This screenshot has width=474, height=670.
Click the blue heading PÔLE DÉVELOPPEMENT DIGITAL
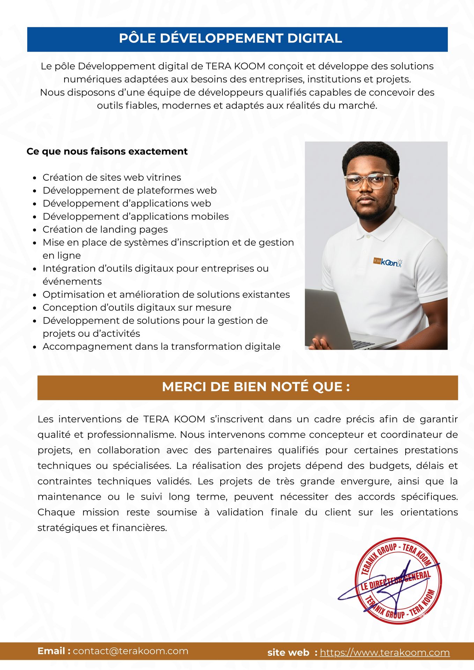230,38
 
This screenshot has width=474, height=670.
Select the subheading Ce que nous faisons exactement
107,151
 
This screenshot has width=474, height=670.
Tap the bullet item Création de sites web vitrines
112,177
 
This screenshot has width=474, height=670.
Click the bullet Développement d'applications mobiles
135,216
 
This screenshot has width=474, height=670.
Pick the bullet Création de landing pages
105,229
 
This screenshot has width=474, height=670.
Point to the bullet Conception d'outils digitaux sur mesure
137,307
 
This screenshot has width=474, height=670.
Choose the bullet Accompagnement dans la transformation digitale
161,347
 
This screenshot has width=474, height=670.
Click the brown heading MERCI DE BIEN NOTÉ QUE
256,387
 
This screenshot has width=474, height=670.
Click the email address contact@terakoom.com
131,651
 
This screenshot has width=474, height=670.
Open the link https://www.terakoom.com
385,653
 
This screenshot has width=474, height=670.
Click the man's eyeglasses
369,181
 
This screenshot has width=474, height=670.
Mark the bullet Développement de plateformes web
129,190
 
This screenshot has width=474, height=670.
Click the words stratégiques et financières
102,528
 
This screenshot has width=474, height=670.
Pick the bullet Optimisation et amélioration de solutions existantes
166,295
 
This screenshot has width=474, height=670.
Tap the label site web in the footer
288,653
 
